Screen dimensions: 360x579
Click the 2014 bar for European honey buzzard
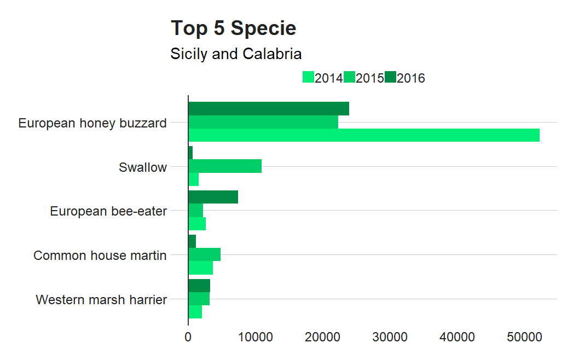tap(364, 135)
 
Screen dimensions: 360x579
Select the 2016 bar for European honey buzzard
tap(269, 109)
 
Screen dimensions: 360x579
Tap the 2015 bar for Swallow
tap(225, 166)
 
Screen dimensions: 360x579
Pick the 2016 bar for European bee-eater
tap(213, 197)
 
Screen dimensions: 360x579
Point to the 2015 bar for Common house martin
tap(204, 254)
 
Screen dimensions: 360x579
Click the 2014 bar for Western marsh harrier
tap(195, 312)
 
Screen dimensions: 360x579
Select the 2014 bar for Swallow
tap(193, 179)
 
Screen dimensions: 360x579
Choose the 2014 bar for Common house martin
tap(200, 268)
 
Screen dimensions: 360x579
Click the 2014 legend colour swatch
tap(308, 78)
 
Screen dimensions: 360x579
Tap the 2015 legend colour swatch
tap(349, 78)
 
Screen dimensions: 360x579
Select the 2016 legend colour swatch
tap(390, 78)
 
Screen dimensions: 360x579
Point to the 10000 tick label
tap(256, 338)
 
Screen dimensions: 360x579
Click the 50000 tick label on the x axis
tap(524, 338)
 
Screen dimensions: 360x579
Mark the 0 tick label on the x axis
tap(188, 338)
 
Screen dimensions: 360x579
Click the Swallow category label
tap(143, 167)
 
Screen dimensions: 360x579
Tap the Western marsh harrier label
tap(101, 300)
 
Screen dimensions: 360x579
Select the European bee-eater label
tap(108, 211)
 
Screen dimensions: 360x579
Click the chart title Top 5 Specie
tap(234, 28)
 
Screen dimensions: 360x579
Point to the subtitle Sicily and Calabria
tap(236, 54)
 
